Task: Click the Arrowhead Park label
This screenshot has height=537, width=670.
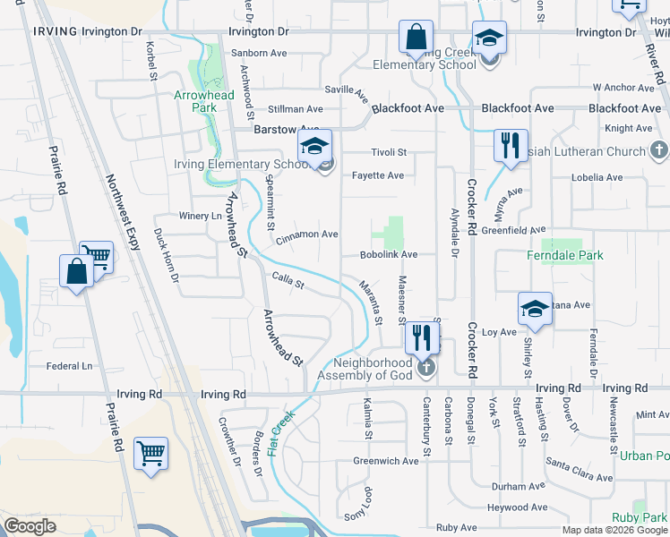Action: click(x=204, y=101)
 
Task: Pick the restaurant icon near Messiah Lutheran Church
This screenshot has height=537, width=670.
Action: click(x=511, y=145)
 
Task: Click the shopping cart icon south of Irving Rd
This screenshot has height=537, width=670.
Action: click(x=150, y=453)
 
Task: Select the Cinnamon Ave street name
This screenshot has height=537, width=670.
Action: click(x=307, y=234)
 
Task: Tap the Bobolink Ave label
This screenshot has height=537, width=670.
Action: click(x=389, y=255)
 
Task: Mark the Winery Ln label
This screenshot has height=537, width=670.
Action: click(x=200, y=217)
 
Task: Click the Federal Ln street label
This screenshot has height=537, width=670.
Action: click(x=69, y=366)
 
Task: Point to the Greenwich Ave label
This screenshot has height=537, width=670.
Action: click(x=385, y=462)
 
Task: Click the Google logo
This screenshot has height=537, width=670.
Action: click(x=29, y=526)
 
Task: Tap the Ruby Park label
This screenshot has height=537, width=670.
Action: click(x=640, y=517)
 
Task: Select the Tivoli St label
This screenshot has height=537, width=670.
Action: click(x=390, y=152)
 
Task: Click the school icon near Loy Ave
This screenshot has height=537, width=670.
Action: click(x=534, y=310)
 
